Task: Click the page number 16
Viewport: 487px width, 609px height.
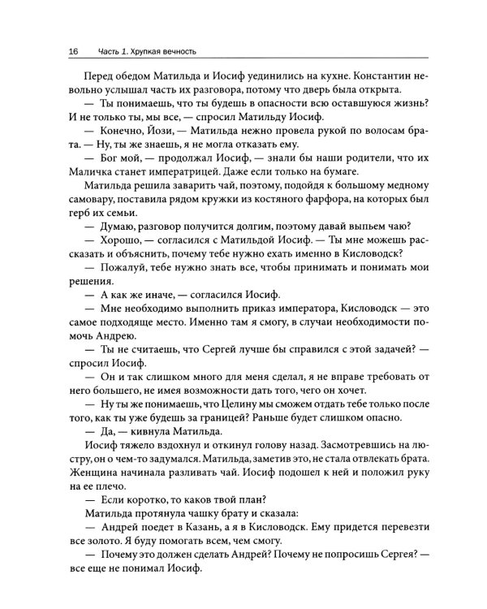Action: pyautogui.click(x=72, y=51)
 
